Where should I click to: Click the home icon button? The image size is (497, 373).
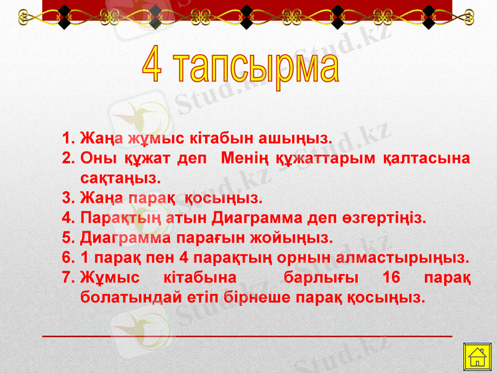[x=477, y=359]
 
